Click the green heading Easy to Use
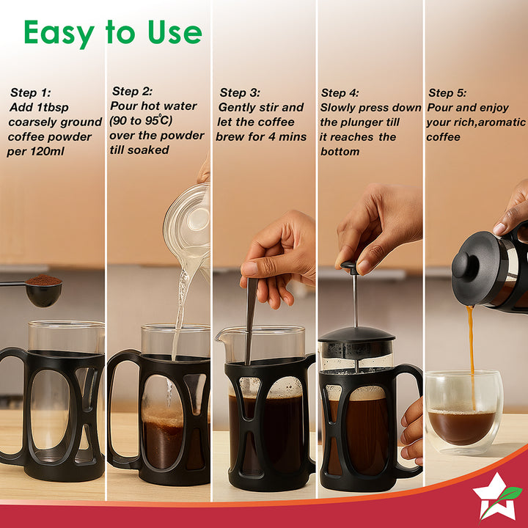point(113,33)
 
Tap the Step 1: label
point(30,92)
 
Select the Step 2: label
point(132,91)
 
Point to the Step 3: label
point(240,92)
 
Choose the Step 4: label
point(340,92)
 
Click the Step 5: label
point(447,92)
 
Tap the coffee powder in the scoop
point(43,280)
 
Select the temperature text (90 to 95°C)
point(141,120)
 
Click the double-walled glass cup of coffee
point(464,412)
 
